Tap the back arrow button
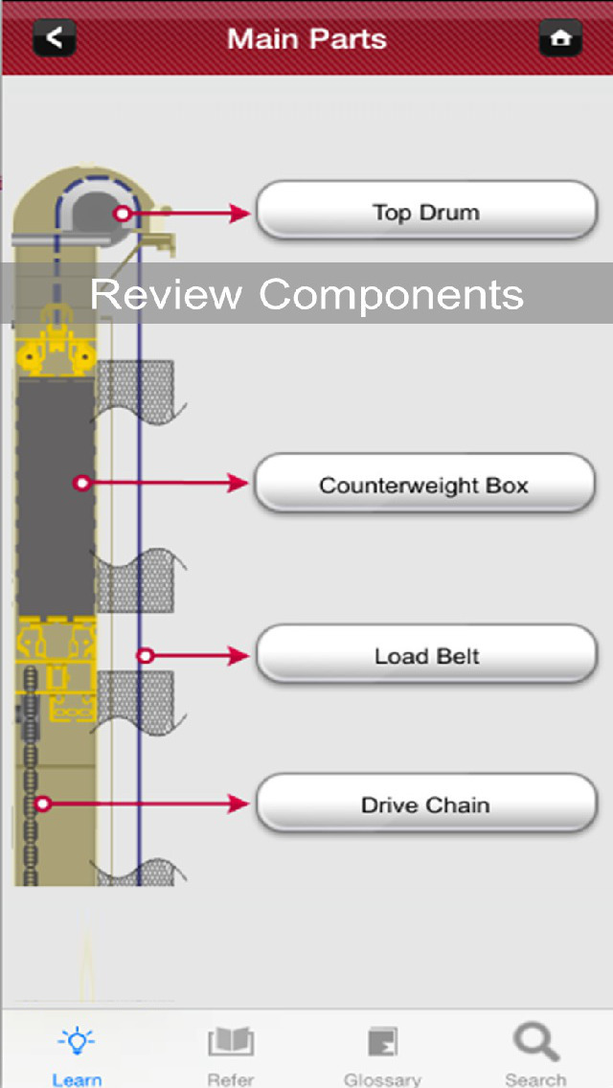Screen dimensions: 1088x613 tap(55, 38)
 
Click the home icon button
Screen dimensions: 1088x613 tap(560, 38)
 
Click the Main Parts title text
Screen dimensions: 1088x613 tap(306, 39)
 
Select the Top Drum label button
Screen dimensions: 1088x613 tap(426, 211)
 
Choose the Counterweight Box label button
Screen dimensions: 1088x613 tap(424, 485)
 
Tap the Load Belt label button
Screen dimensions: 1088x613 tap(426, 656)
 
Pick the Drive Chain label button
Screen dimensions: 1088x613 tap(426, 805)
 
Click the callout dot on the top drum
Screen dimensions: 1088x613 tap(122, 214)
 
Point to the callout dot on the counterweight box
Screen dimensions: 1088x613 tap(82, 484)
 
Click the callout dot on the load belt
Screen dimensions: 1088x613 tap(145, 656)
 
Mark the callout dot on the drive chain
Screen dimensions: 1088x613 tap(42, 804)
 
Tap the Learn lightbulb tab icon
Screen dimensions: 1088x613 tap(77, 1042)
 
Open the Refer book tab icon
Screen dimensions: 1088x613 tap(231, 1042)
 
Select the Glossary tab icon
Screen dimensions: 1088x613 tap(382, 1042)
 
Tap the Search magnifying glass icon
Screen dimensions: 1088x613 tap(535, 1042)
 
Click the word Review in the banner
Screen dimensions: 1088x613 tap(166, 293)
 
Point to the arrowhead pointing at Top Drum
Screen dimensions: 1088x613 tap(241, 214)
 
